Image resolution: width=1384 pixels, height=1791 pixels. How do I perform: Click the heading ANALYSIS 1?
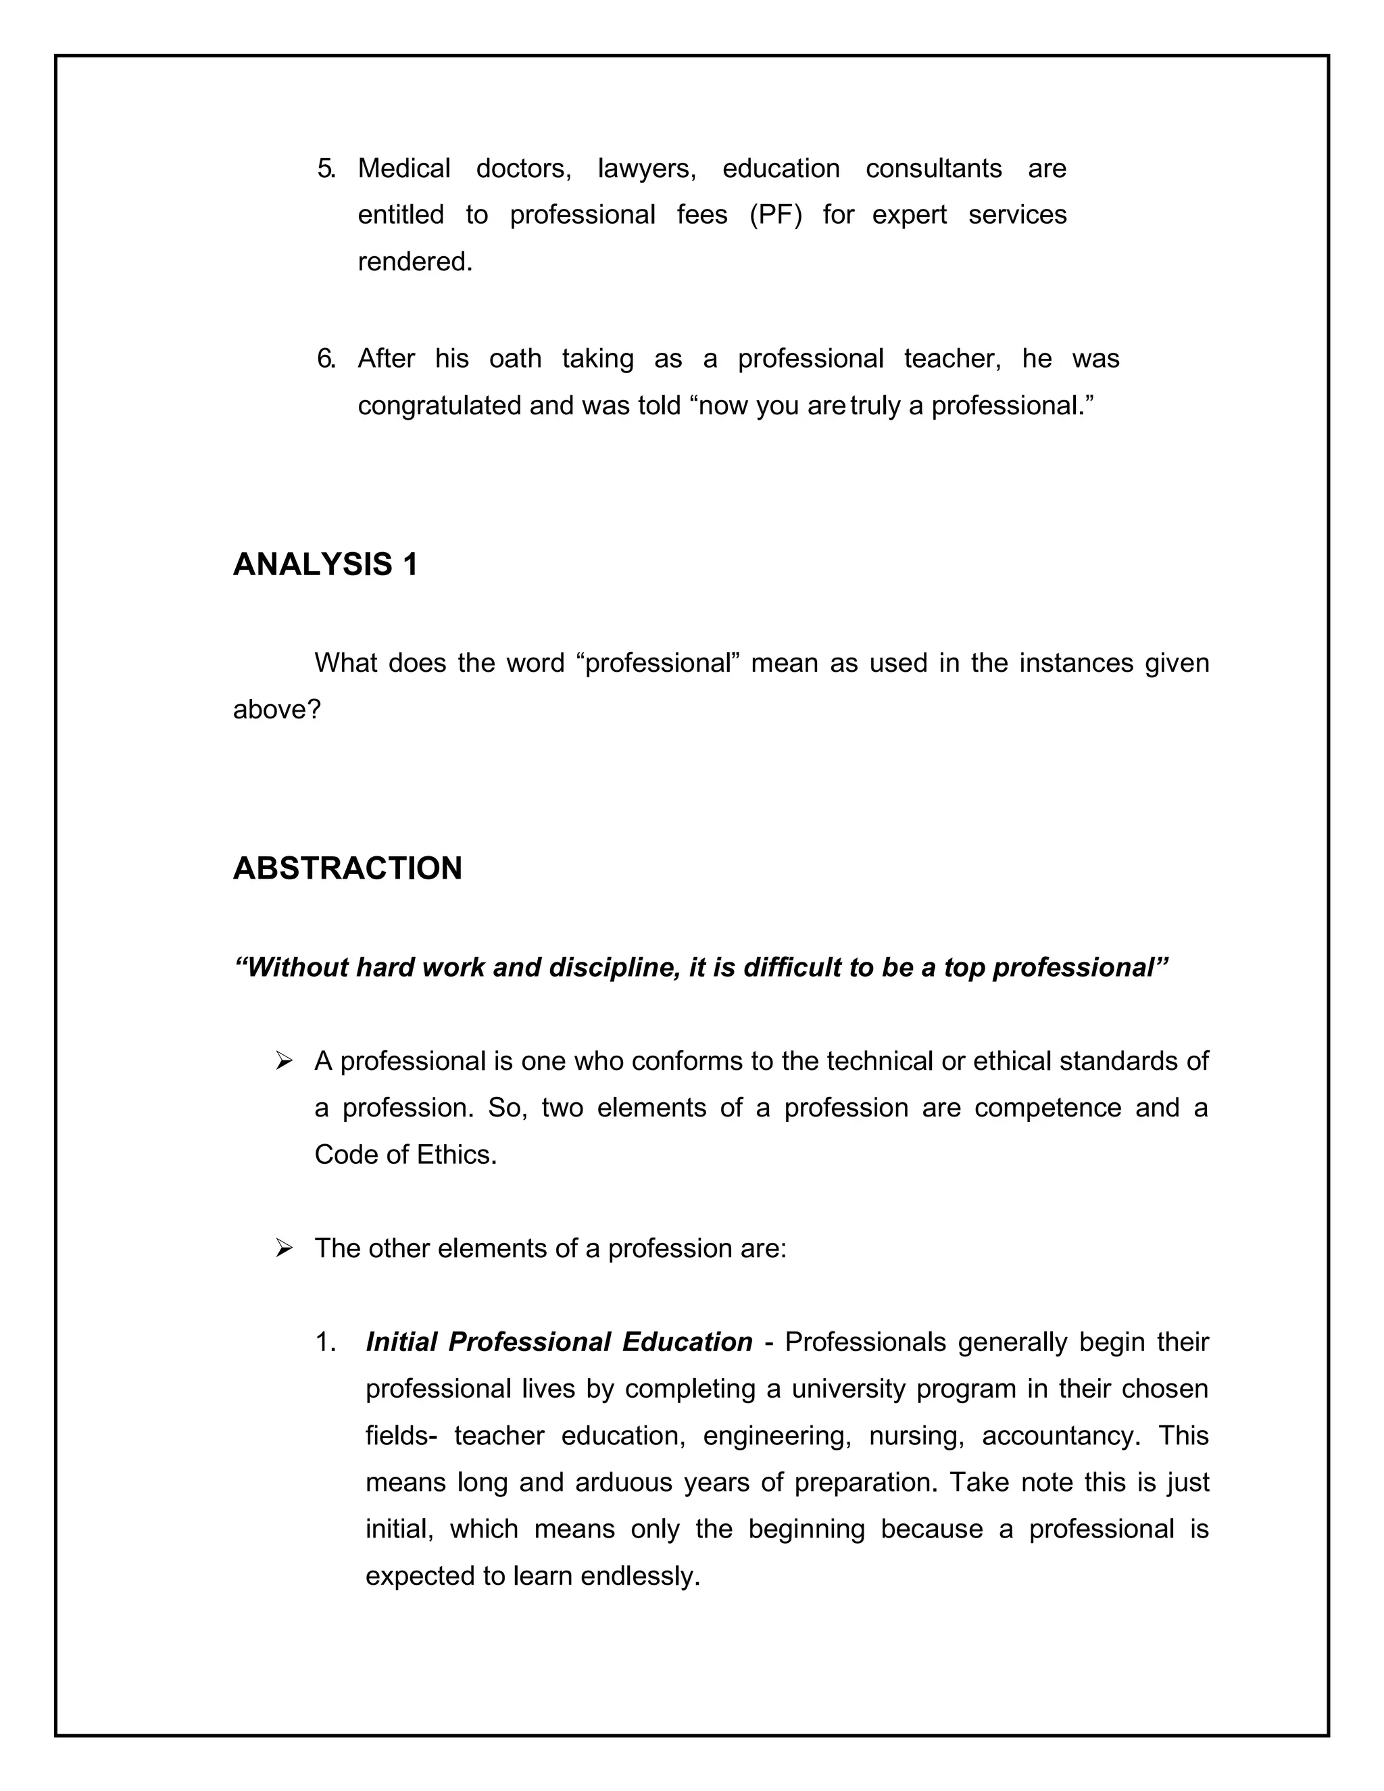point(326,565)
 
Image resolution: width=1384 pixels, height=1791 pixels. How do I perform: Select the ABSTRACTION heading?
point(347,868)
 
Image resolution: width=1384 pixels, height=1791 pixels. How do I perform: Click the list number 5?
point(326,169)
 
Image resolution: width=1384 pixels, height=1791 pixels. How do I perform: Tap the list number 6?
point(326,359)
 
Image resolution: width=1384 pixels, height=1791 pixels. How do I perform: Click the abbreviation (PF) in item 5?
point(775,215)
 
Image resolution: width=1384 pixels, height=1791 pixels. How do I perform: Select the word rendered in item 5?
point(415,262)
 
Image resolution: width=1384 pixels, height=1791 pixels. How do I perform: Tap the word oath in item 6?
point(515,359)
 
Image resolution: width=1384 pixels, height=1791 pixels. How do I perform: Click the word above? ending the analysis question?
point(277,710)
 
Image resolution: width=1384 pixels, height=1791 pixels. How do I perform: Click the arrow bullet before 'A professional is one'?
point(285,1061)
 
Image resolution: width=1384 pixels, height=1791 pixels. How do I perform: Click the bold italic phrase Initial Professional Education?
point(558,1342)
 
